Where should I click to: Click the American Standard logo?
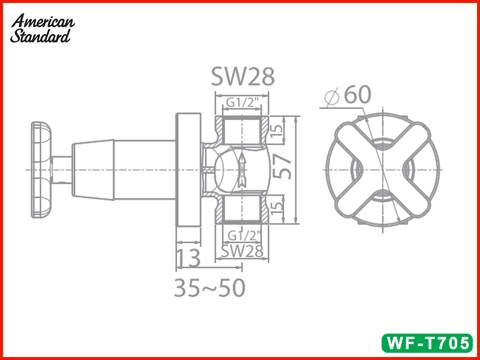click(x=42, y=28)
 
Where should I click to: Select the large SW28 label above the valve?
click(x=242, y=77)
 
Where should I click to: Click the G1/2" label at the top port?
click(x=244, y=103)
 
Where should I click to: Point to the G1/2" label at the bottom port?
click(x=244, y=235)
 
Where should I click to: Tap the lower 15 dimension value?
click(x=276, y=210)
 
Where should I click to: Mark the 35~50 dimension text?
click(x=209, y=289)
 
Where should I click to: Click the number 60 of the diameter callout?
click(x=358, y=95)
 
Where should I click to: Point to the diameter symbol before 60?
click(x=332, y=96)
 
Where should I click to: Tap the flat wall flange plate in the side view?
click(x=188, y=170)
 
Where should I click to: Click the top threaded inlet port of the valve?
click(x=243, y=129)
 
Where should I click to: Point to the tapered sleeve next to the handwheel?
click(x=92, y=170)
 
